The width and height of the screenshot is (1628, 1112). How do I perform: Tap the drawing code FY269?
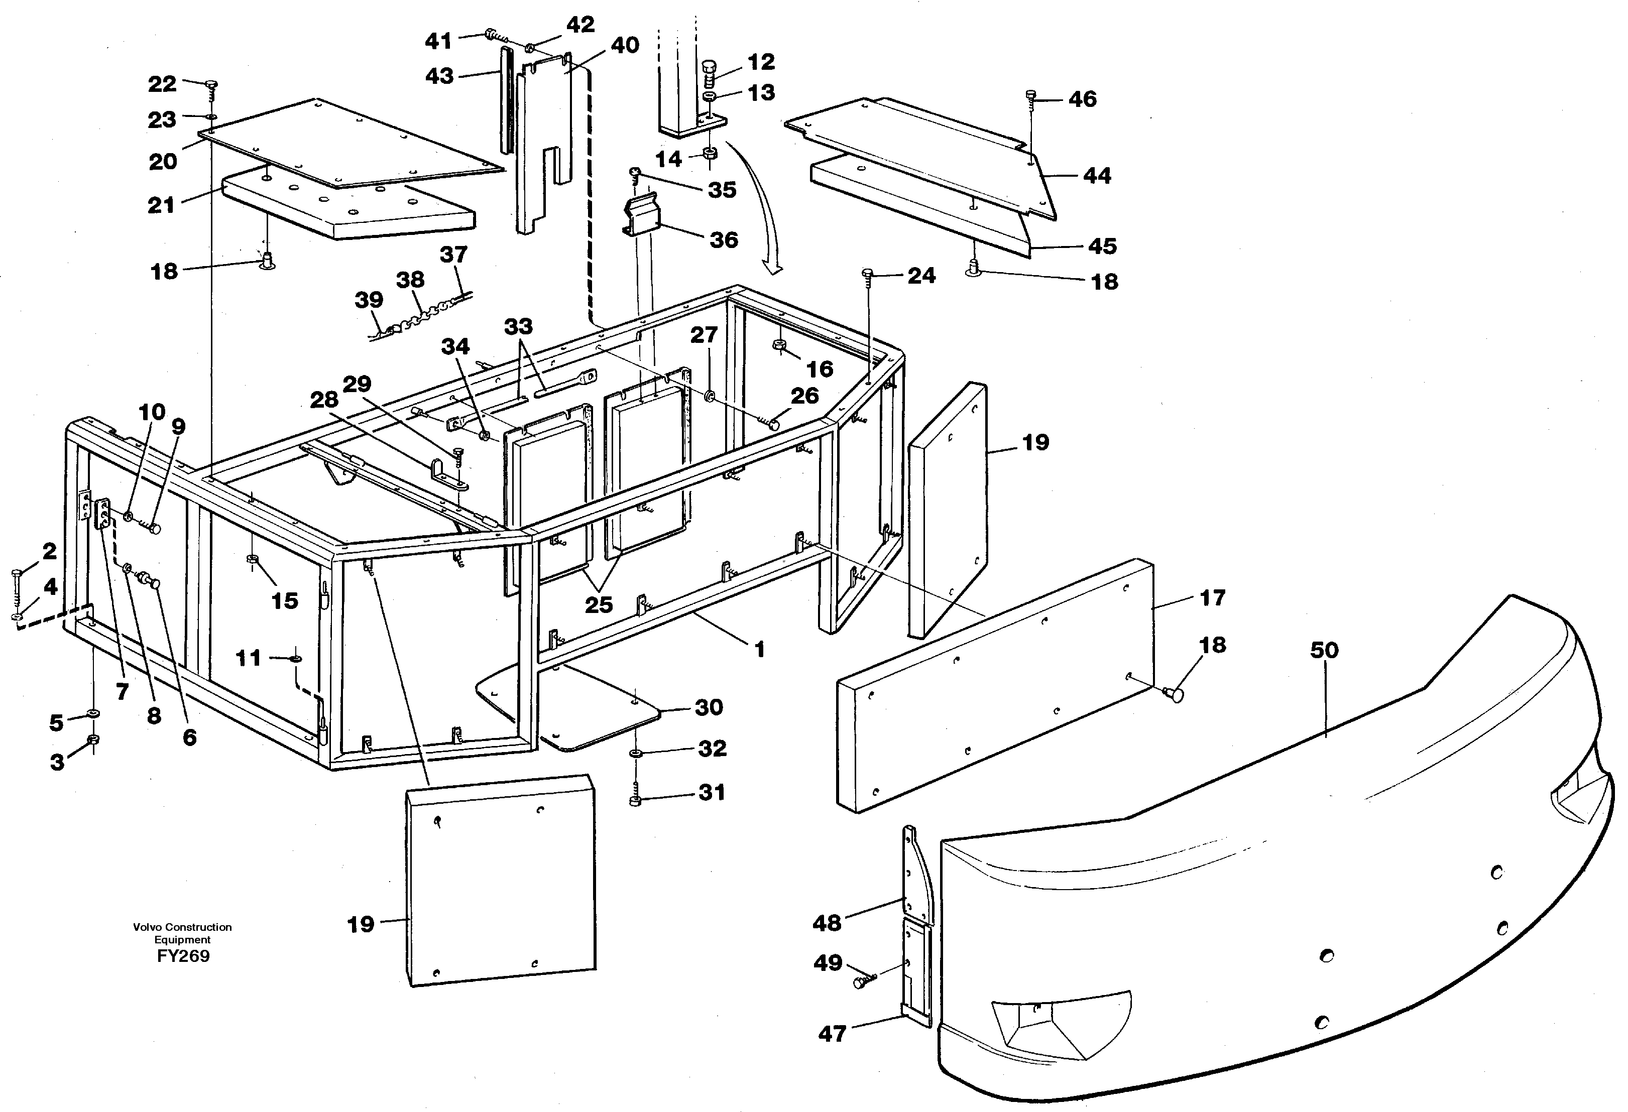coord(183,956)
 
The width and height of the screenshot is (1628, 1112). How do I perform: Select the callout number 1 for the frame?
coord(759,649)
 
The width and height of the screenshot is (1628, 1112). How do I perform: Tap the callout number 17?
coord(1213,597)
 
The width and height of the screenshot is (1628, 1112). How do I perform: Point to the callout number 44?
coord(1096,175)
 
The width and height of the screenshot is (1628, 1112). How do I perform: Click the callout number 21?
coord(161,205)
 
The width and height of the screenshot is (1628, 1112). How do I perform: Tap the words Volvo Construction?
coord(182,926)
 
